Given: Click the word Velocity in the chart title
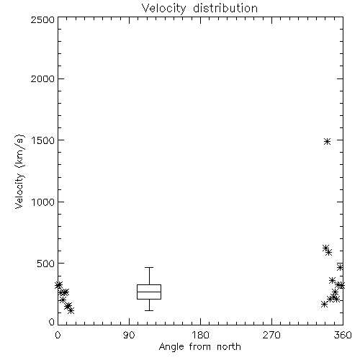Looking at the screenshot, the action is [x=163, y=9].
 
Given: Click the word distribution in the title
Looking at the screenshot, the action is [x=225, y=8].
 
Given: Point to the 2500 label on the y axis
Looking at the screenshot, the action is [x=42, y=19].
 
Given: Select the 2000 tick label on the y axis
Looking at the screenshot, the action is [x=42, y=78].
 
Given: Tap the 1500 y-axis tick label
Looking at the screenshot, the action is [x=43, y=140].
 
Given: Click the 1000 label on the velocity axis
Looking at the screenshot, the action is [x=43, y=202].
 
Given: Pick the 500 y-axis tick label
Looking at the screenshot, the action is [x=46, y=264].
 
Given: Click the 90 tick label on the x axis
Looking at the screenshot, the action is [x=129, y=335].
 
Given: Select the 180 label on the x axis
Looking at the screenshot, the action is [x=200, y=335].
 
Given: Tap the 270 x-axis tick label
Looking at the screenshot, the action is [x=271, y=335].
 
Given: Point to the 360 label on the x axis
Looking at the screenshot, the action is [x=343, y=335].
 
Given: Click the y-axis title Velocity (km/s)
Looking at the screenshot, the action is [x=19, y=171].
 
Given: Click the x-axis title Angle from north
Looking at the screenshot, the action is [x=200, y=347].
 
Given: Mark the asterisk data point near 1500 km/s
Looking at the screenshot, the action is [x=327, y=141].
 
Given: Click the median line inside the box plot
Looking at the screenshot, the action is [x=149, y=292].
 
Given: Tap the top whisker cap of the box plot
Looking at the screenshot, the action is [x=149, y=267].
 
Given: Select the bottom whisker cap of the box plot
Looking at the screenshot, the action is [x=149, y=310].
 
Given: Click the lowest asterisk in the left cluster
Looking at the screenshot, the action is [x=71, y=311].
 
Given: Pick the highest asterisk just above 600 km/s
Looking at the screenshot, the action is [x=325, y=248].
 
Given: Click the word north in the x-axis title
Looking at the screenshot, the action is [x=229, y=346].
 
